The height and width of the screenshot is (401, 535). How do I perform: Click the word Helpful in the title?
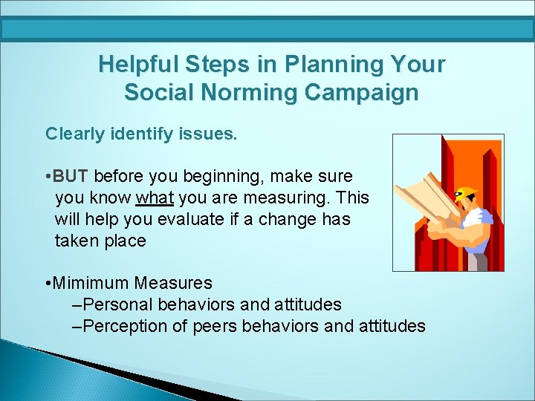pos(138,64)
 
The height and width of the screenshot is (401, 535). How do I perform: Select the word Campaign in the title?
pos(361,92)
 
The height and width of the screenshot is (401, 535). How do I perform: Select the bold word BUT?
pos(71,176)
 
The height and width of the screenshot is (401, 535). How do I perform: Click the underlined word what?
pos(155,198)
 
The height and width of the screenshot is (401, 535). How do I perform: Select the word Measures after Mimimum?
pos(173,283)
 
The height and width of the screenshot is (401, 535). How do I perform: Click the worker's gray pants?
pos(477,262)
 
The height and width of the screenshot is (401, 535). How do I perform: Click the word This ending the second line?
pos(352,198)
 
